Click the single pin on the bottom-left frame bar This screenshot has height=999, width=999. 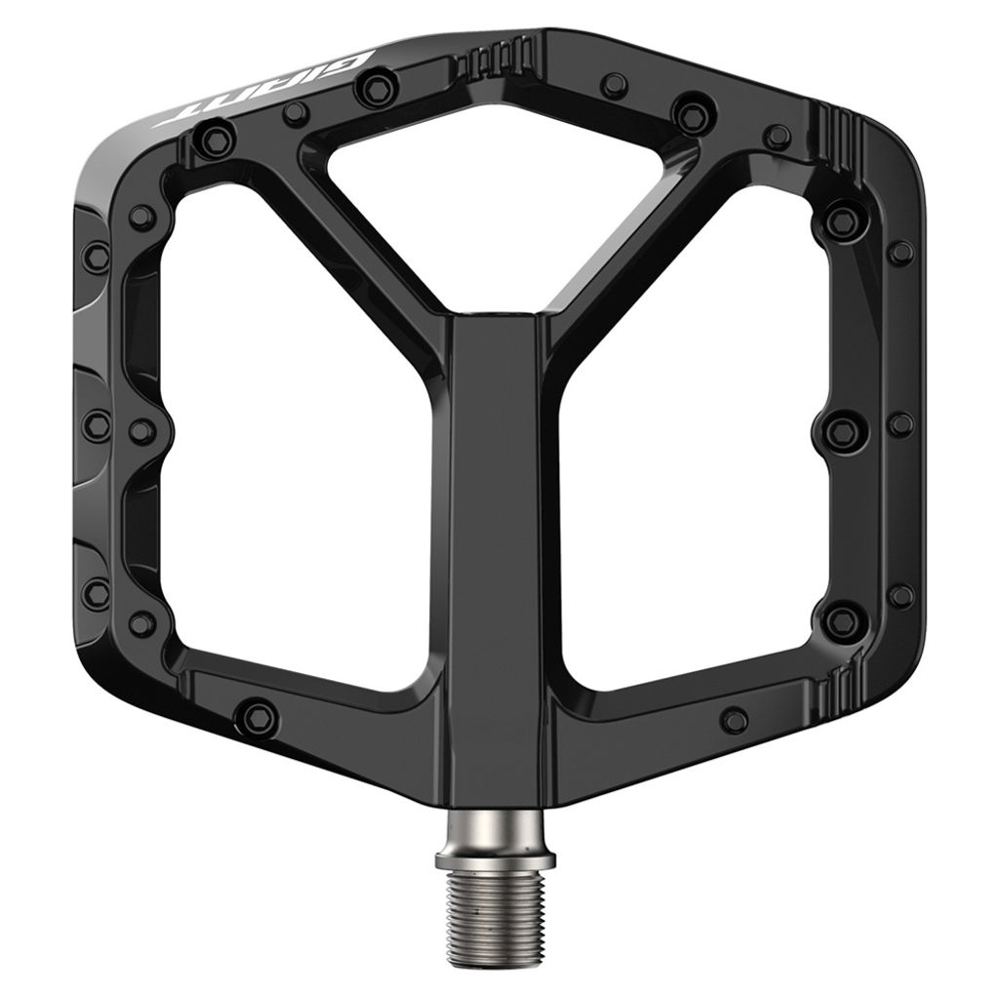coord(257,717)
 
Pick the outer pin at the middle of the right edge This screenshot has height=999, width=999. coord(901,424)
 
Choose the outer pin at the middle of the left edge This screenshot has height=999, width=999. coord(97,425)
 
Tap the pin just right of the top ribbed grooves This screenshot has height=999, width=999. coord(613,84)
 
